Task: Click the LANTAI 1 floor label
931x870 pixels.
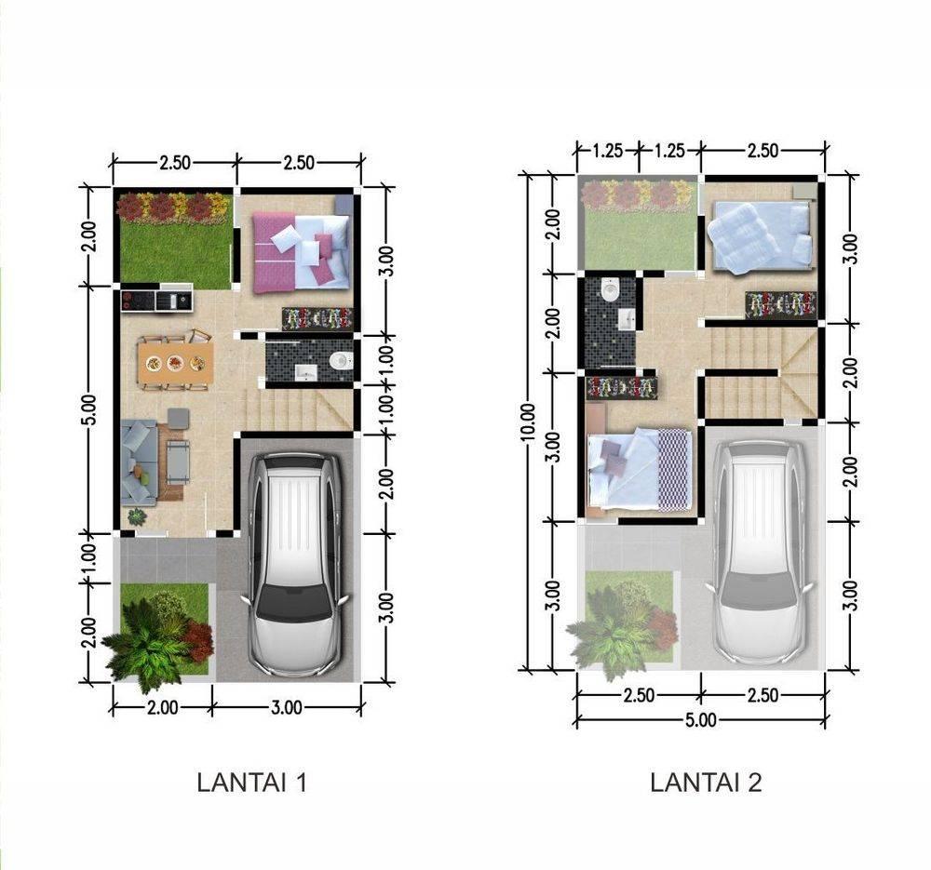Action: click(251, 783)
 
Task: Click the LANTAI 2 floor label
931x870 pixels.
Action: click(706, 783)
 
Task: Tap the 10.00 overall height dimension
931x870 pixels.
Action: click(528, 422)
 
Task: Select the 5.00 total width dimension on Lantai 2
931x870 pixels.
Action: click(701, 720)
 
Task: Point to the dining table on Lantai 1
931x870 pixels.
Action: click(175, 363)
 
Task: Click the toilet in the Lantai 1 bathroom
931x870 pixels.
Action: click(341, 360)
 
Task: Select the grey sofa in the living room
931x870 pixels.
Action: click(139, 462)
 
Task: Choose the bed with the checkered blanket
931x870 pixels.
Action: click(639, 469)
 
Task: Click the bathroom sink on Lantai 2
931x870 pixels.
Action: click(627, 319)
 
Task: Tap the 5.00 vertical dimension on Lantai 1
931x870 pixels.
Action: click(88, 409)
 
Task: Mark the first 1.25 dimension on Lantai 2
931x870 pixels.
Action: click(607, 151)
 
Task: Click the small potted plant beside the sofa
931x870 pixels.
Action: click(137, 516)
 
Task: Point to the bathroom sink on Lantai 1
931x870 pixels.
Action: click(306, 373)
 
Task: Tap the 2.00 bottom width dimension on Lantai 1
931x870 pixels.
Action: click(162, 707)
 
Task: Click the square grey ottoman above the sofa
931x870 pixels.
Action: click(178, 418)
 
